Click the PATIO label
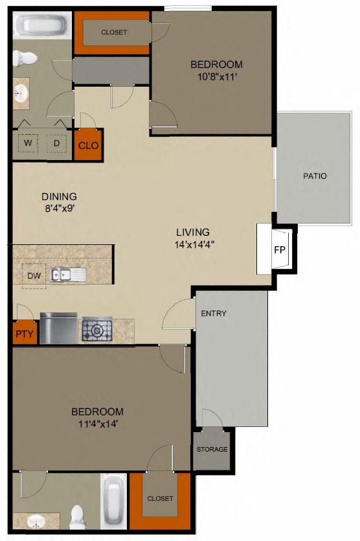[x=315, y=176]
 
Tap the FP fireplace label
[x=280, y=249]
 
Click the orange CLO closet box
[x=88, y=145]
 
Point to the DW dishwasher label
[x=34, y=275]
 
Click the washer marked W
[x=28, y=143]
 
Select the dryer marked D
[x=56, y=143]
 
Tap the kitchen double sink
[x=69, y=275]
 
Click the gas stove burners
[x=96, y=330]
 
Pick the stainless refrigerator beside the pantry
[x=58, y=328]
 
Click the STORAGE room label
[x=212, y=450]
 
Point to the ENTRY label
[x=214, y=314]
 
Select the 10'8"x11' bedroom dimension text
[x=216, y=76]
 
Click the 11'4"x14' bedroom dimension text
[x=97, y=424]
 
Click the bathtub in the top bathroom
[x=39, y=27]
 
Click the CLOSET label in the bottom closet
[x=160, y=498]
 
